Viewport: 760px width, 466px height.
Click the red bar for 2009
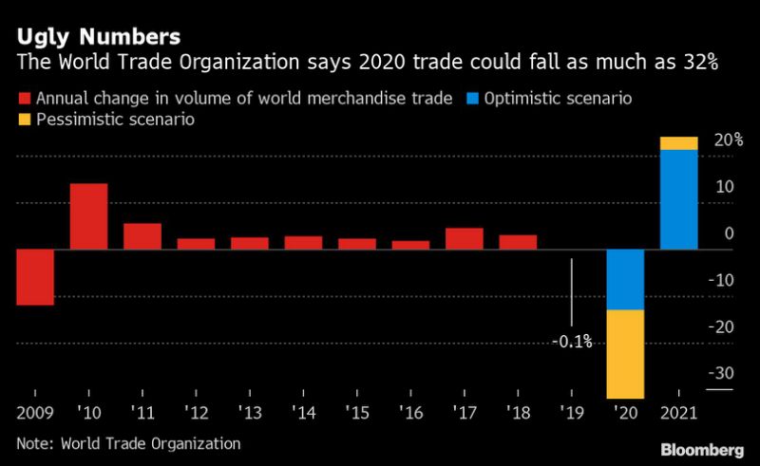coord(34,277)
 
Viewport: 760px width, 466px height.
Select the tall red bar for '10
coord(88,216)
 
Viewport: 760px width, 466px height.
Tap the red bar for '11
coord(142,236)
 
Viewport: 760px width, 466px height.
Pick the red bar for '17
coord(465,239)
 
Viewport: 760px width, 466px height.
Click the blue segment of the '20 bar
coord(626,280)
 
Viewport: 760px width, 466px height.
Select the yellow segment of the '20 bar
coord(626,353)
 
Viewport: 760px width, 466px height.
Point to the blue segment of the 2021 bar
coord(679,199)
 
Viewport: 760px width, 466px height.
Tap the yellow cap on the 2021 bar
coord(679,143)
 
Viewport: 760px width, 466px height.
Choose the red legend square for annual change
coord(24,98)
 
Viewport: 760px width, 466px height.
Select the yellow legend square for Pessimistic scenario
coord(24,121)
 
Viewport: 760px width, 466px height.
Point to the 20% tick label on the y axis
coord(727,140)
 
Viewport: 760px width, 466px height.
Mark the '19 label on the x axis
coord(572,415)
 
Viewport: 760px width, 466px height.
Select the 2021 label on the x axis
coord(679,415)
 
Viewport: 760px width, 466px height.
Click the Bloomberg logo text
coord(703,447)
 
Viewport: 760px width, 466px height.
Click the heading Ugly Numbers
coord(98,38)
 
